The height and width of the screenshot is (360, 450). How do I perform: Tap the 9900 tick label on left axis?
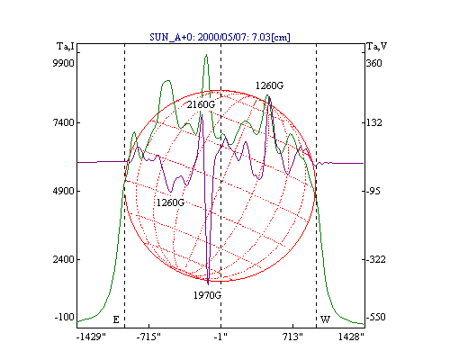63,63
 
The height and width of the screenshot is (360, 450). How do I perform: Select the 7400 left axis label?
63,122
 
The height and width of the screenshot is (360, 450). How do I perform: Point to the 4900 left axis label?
63,191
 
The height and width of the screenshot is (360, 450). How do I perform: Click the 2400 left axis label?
63,259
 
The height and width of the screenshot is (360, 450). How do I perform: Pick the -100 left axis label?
65,317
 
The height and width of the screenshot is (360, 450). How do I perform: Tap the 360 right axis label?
373,63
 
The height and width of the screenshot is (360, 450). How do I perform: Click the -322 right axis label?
375,259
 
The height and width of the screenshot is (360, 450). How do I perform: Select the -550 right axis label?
375,317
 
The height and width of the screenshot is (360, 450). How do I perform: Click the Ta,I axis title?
66,47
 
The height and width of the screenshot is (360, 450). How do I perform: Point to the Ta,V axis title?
376,47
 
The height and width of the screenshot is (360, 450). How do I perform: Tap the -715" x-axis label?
148,337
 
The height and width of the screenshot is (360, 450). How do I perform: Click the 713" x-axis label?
292,337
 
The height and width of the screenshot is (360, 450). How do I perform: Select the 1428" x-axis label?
351,337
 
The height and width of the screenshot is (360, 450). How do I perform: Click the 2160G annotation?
201,104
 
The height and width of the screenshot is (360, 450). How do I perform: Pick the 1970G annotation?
207,295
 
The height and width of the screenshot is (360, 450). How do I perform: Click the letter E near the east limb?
116,319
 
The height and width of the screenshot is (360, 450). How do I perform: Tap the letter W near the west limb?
325,319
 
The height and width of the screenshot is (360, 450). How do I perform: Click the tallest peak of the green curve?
206,55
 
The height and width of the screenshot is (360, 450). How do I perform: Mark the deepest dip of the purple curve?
208,283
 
